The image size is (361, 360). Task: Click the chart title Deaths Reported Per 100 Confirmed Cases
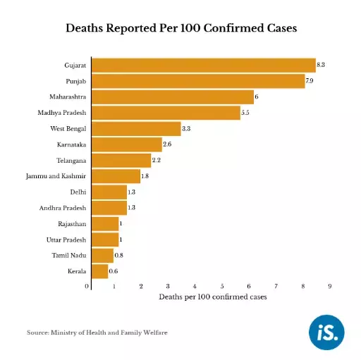180,29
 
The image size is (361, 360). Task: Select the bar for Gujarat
204,65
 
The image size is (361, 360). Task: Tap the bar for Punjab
198,81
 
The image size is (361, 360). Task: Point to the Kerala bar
99,271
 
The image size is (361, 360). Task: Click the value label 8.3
321,65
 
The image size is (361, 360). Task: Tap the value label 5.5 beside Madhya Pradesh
245,113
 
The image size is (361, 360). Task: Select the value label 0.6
114,271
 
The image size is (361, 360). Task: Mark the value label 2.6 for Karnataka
167,144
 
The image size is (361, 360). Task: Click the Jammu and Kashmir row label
56,175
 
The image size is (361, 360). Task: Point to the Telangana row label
71,160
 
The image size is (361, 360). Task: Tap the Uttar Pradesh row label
66,240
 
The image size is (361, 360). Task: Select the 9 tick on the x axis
329,286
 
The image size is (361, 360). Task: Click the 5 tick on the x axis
221,286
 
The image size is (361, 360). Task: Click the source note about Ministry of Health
97,332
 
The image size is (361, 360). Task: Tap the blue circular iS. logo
328,332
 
